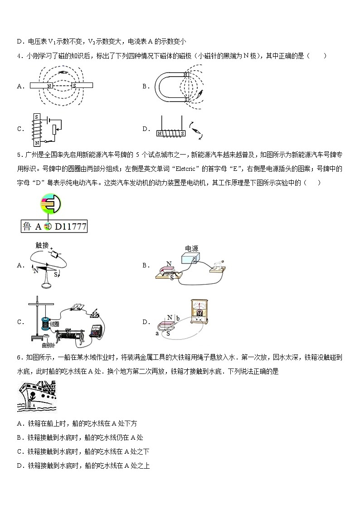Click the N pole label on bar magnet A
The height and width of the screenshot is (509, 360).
tap(49, 85)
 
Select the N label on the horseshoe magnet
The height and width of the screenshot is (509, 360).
tap(186, 74)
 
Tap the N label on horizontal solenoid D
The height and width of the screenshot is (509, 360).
tap(160, 134)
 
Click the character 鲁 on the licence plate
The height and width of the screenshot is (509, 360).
tap(26, 227)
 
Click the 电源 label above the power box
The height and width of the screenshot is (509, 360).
tap(191, 249)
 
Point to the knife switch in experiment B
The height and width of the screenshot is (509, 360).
tap(218, 267)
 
